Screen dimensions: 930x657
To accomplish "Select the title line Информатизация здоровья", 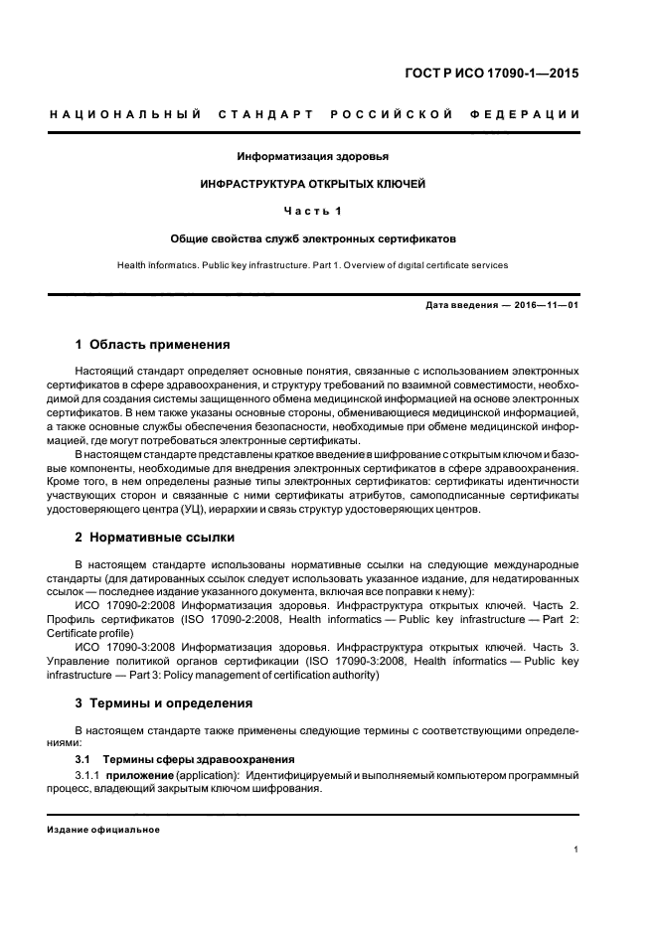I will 312,157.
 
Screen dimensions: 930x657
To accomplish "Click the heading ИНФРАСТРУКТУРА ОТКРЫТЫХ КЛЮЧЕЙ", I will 312,184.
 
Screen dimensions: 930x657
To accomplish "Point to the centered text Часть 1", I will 312,211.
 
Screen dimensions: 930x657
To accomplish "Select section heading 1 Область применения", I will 152,345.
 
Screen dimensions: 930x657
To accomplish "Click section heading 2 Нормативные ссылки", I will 155,538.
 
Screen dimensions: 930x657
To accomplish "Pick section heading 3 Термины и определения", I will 164,702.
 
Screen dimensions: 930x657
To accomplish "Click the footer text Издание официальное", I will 102,830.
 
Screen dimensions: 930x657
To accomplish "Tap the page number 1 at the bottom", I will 576,849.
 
